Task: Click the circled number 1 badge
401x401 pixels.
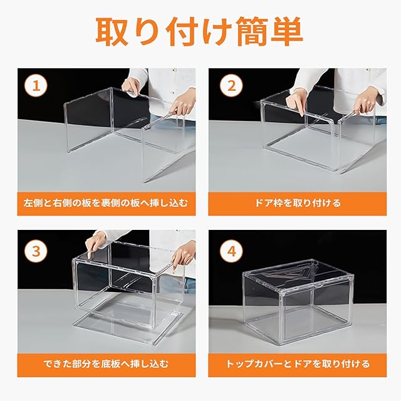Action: tap(36, 86)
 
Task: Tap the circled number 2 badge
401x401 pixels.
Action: tap(231, 86)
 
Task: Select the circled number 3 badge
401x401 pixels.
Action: tap(36, 251)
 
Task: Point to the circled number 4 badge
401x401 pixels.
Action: tap(231, 251)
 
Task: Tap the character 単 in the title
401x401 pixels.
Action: tap(288, 32)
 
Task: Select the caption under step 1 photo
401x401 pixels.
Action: tap(106, 203)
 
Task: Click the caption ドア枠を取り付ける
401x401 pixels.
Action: tap(298, 203)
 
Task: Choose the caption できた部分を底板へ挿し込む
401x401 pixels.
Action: tap(106, 364)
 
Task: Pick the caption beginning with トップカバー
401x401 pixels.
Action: tap(298, 364)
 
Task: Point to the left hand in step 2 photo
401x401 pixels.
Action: tap(296, 100)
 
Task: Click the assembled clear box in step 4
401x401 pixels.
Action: tap(298, 301)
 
